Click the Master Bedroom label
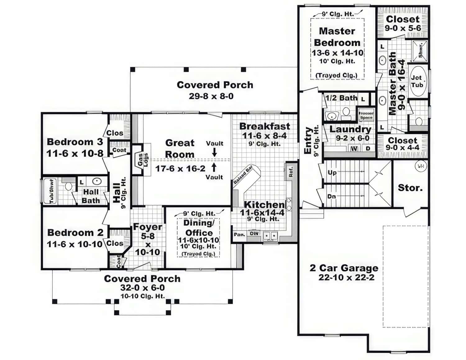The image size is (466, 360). [337, 37]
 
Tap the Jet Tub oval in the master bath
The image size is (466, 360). [417, 81]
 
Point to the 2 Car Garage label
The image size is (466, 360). [344, 268]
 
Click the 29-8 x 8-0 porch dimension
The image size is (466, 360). [211, 96]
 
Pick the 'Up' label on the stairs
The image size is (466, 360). [332, 173]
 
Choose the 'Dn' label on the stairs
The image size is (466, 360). [331, 196]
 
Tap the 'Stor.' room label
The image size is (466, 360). [410, 188]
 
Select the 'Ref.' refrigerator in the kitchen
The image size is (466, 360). [291, 172]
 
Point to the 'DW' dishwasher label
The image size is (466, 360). [254, 234]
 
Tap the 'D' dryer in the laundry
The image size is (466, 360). [368, 148]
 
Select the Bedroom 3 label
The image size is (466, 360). [75, 142]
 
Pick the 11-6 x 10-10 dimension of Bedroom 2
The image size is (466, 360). [75, 244]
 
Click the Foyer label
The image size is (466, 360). [147, 227]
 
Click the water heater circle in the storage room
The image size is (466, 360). [420, 166]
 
